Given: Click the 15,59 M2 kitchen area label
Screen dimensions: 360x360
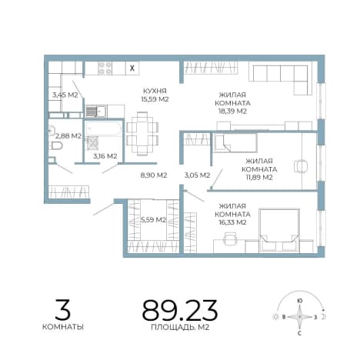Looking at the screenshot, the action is [155, 99].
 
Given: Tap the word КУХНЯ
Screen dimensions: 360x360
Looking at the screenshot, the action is [155, 91].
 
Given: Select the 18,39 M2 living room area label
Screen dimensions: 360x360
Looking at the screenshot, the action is [232, 111].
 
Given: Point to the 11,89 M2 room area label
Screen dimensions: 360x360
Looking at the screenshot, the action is [259, 177].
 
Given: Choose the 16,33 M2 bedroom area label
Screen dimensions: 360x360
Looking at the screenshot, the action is [232, 222].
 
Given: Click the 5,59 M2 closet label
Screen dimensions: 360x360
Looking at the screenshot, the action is [153, 219].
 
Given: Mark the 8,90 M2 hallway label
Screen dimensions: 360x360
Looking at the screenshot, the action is [154, 175].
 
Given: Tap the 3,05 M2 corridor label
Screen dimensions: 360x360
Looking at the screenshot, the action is [197, 175].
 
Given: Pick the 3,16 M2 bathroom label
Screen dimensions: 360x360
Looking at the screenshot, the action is [105, 155].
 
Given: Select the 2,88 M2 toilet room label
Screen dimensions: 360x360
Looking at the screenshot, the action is [68, 135].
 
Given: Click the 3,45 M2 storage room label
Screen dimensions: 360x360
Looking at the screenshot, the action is [65, 95].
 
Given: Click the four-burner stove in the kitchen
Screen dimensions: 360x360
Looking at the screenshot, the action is [105, 68].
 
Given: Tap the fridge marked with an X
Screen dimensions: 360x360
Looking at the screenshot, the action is [132, 68].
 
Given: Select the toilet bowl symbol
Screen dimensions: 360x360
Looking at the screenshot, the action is [56, 146].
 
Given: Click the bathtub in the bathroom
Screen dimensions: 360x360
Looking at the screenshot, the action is [103, 128].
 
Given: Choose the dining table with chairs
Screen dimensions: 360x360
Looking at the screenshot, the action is [142, 134].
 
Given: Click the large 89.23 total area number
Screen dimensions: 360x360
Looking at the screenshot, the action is [180, 311].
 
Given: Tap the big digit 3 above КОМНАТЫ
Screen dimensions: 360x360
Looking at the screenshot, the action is [62, 309].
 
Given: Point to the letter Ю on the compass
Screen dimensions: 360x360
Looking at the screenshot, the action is [299, 301].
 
